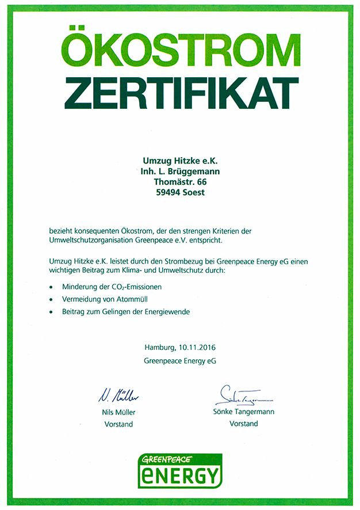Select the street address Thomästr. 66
180,182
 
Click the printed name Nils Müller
119,413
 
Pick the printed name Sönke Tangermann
243,412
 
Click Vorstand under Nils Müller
119,424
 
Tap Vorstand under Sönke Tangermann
243,424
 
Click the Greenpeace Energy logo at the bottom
179,470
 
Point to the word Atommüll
136,299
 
